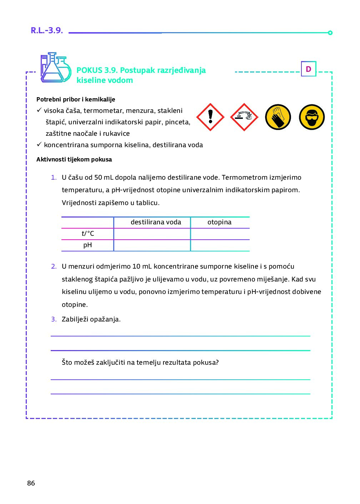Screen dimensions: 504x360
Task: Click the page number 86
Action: click(x=31, y=483)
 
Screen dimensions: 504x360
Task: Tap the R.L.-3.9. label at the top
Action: click(x=47, y=30)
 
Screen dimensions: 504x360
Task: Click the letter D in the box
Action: click(x=309, y=69)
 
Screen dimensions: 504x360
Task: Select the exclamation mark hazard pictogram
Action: click(x=210, y=117)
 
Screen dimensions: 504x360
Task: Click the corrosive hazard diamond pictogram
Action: click(x=244, y=117)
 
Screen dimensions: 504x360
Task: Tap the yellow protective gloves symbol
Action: click(x=278, y=117)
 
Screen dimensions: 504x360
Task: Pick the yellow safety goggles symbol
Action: click(x=312, y=117)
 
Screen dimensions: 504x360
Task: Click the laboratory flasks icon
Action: click(x=55, y=68)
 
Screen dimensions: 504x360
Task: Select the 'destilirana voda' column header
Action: click(x=156, y=222)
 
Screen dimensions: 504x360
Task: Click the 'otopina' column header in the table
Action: click(x=219, y=222)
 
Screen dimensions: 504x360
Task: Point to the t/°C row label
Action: click(x=88, y=234)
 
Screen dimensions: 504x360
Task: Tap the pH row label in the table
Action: click(x=87, y=245)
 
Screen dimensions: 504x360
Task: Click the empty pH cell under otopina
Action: click(x=220, y=245)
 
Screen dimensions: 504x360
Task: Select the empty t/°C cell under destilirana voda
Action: click(x=152, y=234)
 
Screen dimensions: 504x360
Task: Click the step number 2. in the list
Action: click(x=54, y=266)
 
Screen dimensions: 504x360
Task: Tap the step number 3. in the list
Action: click(x=54, y=319)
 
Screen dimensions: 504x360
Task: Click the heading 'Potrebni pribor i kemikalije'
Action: click(x=76, y=99)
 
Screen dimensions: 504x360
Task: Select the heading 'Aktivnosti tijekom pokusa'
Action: click(x=74, y=159)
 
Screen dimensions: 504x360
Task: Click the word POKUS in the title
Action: click(x=89, y=70)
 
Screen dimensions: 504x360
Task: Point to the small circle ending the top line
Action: click(x=330, y=33)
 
